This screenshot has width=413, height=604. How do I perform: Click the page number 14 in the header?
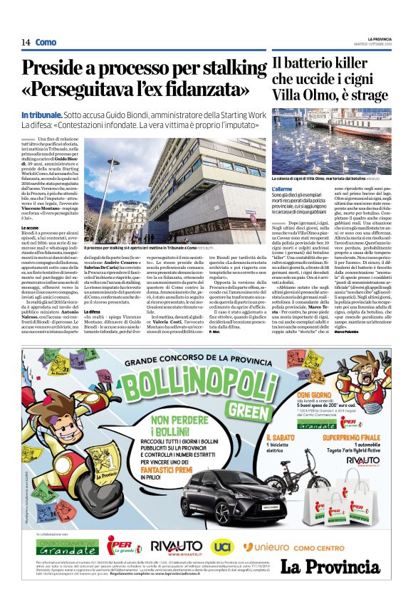(x=26, y=43)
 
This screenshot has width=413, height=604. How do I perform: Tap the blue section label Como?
(x=46, y=43)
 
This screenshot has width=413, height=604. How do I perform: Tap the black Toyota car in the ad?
(x=220, y=496)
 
